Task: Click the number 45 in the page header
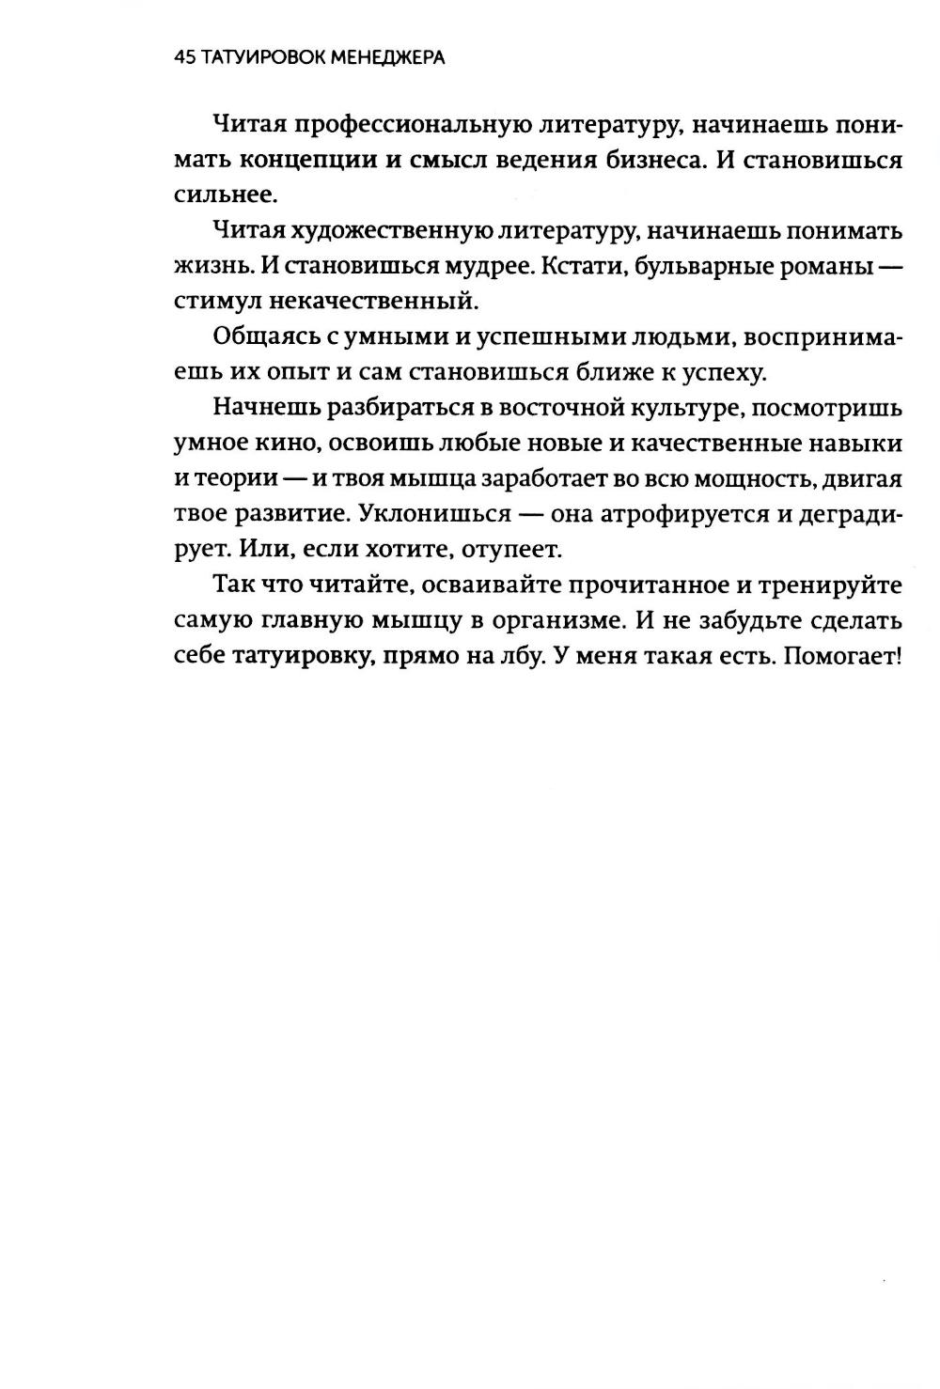pos(184,58)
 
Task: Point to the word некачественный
pos(375,302)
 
